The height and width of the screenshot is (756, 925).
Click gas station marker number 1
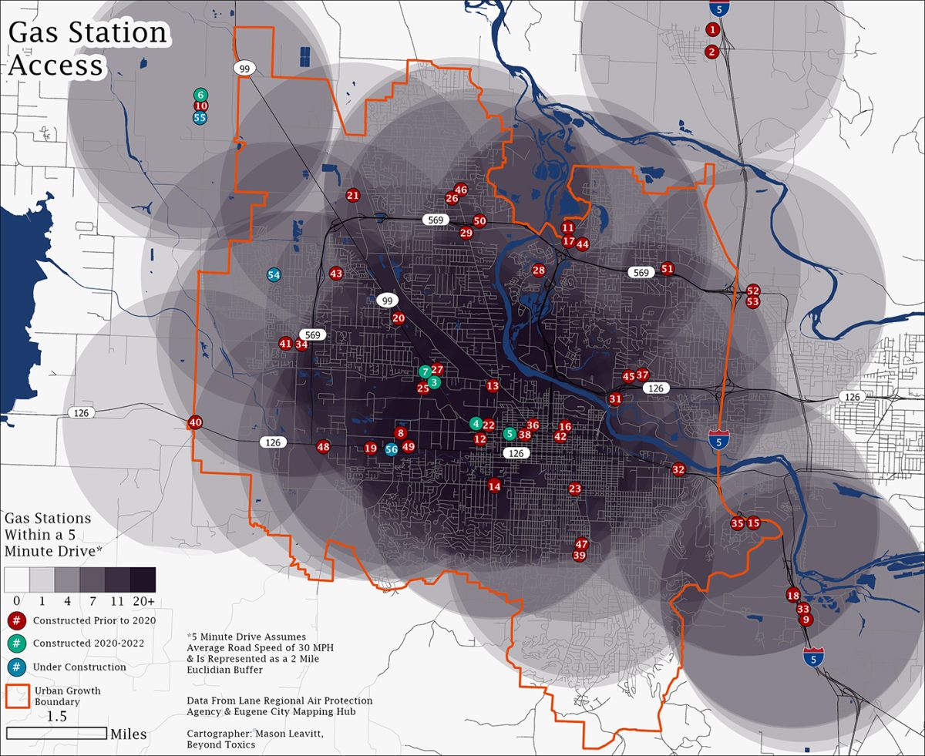(712, 29)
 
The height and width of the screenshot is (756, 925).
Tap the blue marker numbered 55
(200, 118)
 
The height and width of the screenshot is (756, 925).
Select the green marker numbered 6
(200, 95)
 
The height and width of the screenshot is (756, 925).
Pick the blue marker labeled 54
(274, 275)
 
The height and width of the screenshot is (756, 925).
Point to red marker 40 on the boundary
(195, 422)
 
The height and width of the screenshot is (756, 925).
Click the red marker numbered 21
(353, 196)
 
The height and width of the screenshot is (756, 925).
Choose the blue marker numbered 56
(391, 449)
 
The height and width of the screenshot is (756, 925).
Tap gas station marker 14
(494, 486)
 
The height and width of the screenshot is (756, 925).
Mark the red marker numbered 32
(678, 469)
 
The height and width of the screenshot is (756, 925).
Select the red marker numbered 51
(668, 269)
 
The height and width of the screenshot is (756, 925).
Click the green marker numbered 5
(509, 434)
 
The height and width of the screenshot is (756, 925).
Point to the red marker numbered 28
(539, 270)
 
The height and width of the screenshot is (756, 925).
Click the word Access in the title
(55, 66)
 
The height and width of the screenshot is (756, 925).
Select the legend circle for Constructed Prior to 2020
(15, 620)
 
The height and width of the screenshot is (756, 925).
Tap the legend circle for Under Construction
(15, 667)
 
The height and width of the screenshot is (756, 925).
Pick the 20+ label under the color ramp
(143, 600)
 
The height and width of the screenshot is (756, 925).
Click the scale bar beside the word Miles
(56, 733)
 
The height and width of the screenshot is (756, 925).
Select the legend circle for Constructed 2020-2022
(15, 643)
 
